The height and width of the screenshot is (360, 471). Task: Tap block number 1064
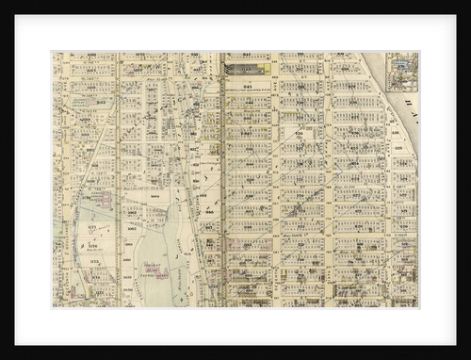[154, 198]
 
